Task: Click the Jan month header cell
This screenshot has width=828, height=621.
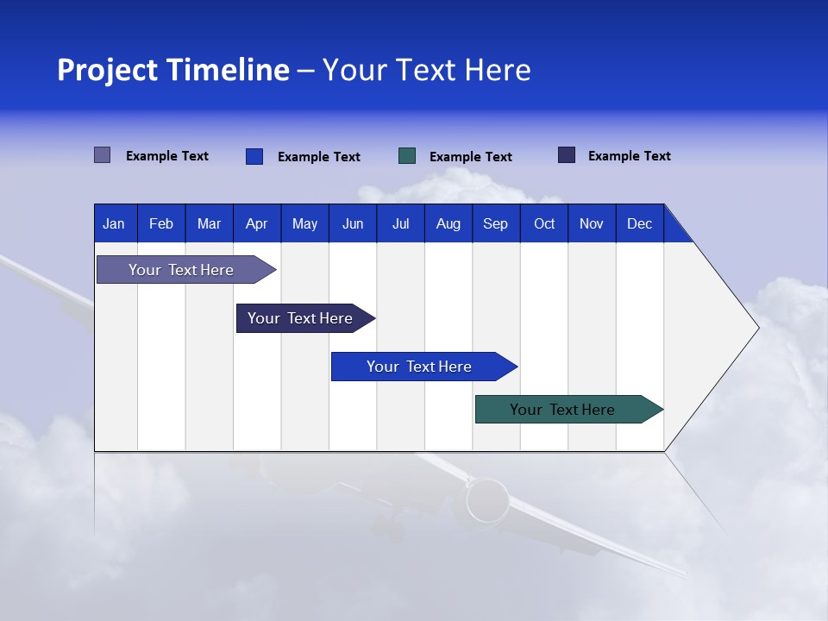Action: tap(115, 223)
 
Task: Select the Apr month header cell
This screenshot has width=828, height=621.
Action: tap(257, 223)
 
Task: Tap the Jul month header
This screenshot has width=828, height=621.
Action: tap(400, 223)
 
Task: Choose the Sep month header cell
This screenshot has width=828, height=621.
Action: tap(495, 223)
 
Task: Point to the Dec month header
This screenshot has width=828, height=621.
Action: tap(639, 223)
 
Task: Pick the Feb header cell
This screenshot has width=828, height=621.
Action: tap(161, 223)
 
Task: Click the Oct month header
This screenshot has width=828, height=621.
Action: tap(544, 223)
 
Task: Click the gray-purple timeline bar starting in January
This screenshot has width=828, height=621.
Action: tap(181, 270)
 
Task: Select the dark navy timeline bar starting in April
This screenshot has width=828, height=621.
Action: tap(300, 318)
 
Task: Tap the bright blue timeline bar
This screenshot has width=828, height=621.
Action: tap(419, 367)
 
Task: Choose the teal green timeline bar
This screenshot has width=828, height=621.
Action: tap(562, 410)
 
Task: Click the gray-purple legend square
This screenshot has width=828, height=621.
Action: tap(103, 155)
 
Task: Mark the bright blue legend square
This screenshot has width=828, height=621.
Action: tap(254, 156)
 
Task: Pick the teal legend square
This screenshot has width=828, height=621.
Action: tap(407, 156)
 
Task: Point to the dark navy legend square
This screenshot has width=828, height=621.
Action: tap(567, 155)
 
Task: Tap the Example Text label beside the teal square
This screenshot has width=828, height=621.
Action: tap(470, 157)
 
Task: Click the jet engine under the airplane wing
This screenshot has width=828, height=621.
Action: tap(487, 500)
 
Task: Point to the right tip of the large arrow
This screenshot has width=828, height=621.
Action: tap(757, 328)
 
